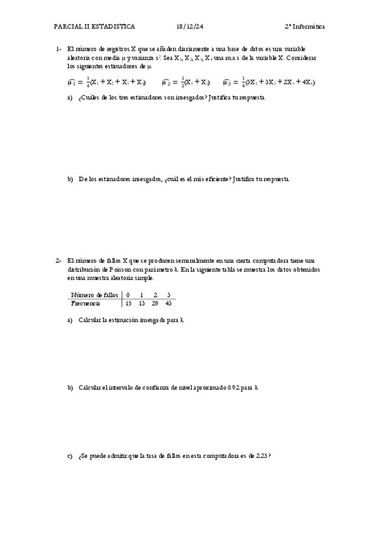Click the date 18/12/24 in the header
pyautogui.click(x=190, y=27)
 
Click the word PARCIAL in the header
pyautogui.click(x=68, y=27)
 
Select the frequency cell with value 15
pyautogui.click(x=128, y=303)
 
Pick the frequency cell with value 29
pyautogui.click(x=155, y=303)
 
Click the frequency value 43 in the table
pyautogui.click(x=168, y=303)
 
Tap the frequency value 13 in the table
pyautogui.click(x=142, y=303)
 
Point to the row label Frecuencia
pyautogui.click(x=85, y=303)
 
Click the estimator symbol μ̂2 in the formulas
pyautogui.click(x=167, y=82)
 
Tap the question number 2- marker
pyautogui.click(x=58, y=260)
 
